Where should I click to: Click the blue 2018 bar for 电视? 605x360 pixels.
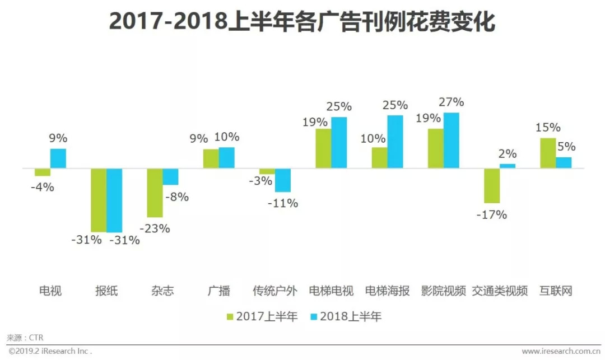point(58,158)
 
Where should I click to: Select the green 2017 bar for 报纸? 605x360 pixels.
point(99,200)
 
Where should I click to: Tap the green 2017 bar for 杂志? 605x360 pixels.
point(155,193)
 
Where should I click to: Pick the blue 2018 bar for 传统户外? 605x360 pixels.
point(283,180)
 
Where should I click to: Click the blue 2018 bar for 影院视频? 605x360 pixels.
point(452,140)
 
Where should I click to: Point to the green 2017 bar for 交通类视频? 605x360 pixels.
point(492,185)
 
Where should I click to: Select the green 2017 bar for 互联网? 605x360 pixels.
point(548,153)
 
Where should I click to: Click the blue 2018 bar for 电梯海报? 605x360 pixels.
point(395,142)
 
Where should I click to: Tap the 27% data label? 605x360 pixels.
point(452,102)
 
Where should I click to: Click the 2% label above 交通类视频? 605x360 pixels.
point(508,154)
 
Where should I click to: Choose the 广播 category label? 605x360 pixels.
point(218,291)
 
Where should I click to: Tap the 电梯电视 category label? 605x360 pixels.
point(331,291)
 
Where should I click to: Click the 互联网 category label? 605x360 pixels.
point(556,291)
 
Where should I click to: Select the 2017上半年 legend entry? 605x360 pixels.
point(261,317)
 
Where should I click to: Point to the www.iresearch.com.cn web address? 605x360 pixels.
point(560,352)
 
